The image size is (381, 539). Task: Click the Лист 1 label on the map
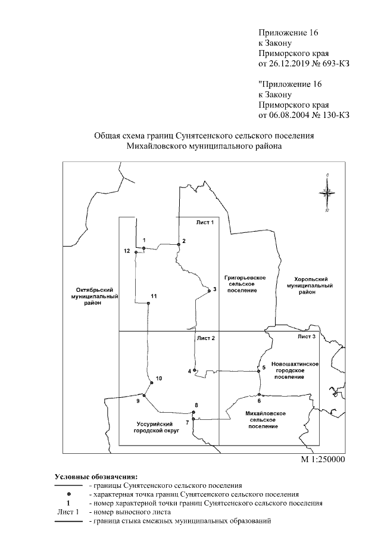pyautogui.click(x=204, y=222)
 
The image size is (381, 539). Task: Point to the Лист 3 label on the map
pyautogui.click(x=307, y=337)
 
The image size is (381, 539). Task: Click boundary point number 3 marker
pyautogui.click(x=208, y=291)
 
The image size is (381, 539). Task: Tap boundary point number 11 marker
pyautogui.click(x=148, y=303)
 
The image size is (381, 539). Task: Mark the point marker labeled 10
pyautogui.click(x=150, y=384)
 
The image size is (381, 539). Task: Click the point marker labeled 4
pyautogui.click(x=195, y=370)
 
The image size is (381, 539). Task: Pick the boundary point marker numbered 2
pyautogui.click(x=178, y=244)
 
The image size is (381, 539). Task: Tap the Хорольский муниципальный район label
pyautogui.click(x=308, y=285)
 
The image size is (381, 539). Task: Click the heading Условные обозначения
pyautogui.click(x=96, y=476)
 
